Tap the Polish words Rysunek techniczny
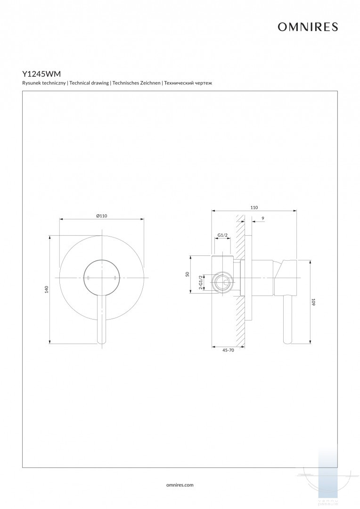tap(44, 83)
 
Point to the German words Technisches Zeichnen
tap(136, 83)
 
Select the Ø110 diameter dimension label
tap(102, 215)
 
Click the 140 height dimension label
tap(47, 290)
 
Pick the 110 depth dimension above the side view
tap(254, 207)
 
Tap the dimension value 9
tap(262, 218)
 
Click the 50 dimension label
tap(187, 274)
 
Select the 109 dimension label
tap(313, 302)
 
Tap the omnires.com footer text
tap(180, 484)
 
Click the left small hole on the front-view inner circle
tap(88, 278)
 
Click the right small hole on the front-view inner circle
tap(115, 278)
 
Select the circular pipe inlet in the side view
tap(222, 283)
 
